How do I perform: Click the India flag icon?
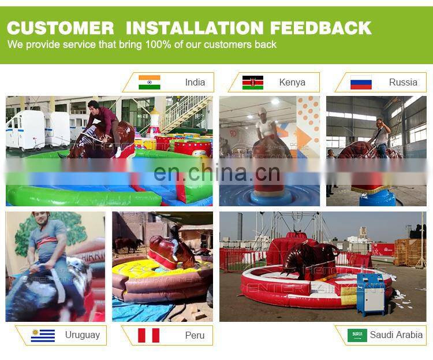[149, 82]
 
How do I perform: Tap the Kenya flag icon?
[252, 82]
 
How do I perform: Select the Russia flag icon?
[361, 82]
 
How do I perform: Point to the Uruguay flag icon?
[43, 335]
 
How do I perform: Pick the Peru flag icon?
[148, 335]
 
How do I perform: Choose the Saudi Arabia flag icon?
[357, 335]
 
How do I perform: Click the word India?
[195, 82]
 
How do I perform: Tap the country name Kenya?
[292, 82]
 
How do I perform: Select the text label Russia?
[403, 82]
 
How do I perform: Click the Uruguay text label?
[82, 335]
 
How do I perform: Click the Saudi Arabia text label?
[396, 335]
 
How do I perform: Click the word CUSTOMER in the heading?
[61, 28]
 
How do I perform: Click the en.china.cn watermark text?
[216, 173]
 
